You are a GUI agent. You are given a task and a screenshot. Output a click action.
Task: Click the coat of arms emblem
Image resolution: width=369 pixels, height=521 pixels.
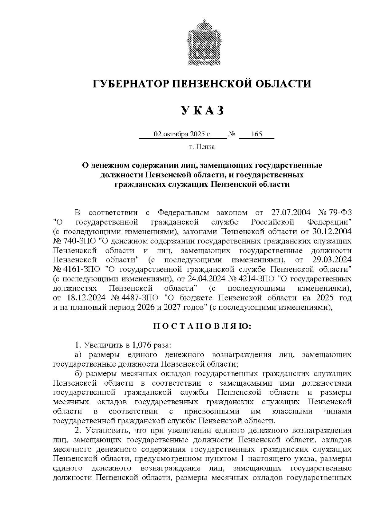tap(202, 43)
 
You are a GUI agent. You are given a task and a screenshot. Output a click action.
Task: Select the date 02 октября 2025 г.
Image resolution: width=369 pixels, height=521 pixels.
tap(183, 134)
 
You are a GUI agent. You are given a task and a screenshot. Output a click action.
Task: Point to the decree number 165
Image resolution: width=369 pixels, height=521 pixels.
tap(256, 134)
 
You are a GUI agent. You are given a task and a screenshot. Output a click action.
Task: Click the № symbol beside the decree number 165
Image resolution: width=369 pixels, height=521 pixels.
tap(232, 134)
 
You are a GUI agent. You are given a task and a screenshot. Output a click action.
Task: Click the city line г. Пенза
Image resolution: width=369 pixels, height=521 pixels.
tap(202, 147)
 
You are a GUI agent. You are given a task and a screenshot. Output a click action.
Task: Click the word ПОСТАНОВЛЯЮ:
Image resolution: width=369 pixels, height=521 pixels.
tap(202, 326)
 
